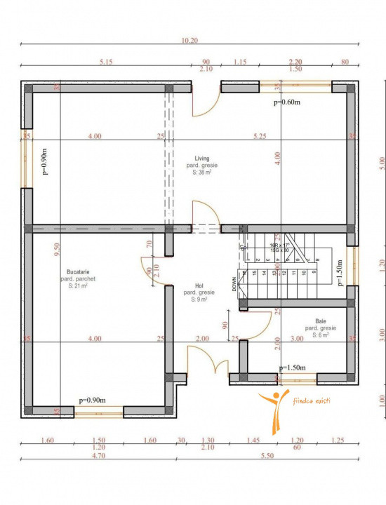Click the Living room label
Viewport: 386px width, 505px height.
[x=202, y=159]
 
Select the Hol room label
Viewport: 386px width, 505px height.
[x=199, y=285]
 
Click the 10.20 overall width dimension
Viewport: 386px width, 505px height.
[x=189, y=41]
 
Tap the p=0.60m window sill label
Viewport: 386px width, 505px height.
[x=286, y=102]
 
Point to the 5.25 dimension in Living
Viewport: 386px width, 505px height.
[x=260, y=135]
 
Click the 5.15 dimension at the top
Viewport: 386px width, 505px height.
[x=106, y=62]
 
